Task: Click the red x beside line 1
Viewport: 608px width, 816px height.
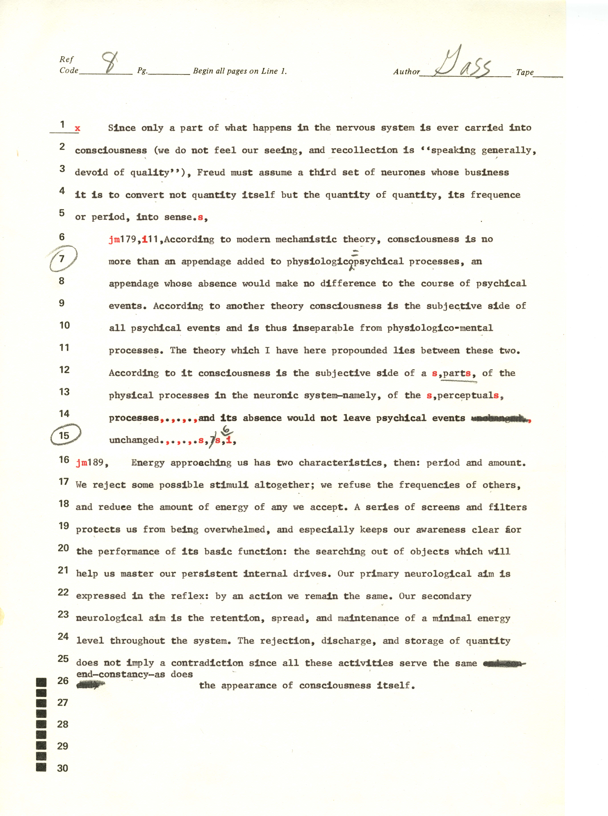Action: pyautogui.click(x=77, y=128)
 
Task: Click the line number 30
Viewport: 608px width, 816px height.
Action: pyautogui.click(x=63, y=768)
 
